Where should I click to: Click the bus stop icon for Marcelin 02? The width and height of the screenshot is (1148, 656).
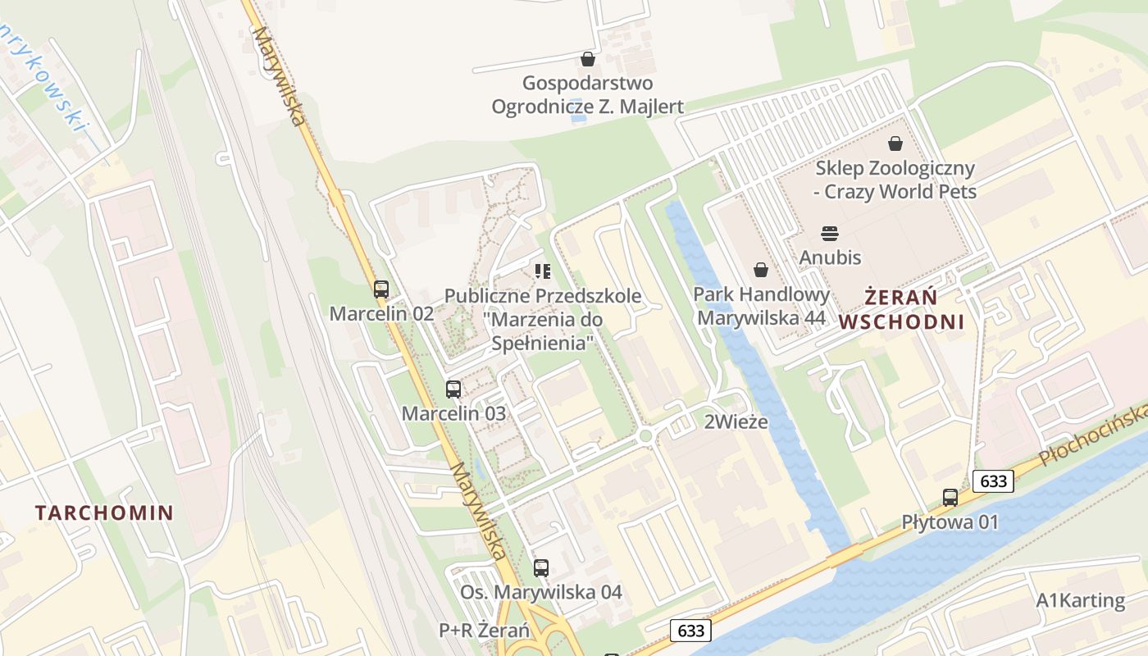(x=380, y=289)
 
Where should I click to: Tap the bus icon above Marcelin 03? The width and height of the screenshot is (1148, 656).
(x=453, y=389)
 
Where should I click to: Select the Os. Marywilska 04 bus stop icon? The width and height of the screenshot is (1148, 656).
(x=540, y=567)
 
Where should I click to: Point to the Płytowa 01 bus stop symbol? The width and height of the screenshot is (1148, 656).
(x=950, y=497)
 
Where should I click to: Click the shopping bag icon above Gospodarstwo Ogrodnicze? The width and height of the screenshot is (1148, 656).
(x=587, y=59)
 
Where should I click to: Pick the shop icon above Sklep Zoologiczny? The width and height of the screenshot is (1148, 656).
(x=895, y=143)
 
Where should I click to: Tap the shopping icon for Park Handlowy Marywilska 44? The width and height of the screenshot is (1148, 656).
(x=760, y=270)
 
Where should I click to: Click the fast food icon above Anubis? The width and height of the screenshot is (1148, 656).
(x=829, y=234)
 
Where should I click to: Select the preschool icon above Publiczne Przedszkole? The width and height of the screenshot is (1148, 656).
(x=542, y=271)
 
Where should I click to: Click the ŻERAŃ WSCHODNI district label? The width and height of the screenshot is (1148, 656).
(x=901, y=308)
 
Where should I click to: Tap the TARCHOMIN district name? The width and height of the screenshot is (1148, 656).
(x=104, y=513)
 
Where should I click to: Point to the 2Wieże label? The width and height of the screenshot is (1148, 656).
(x=736, y=422)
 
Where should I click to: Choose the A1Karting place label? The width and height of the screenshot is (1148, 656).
(x=1080, y=600)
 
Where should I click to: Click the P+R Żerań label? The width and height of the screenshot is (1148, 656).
(x=484, y=631)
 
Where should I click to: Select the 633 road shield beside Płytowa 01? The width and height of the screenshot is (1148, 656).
(x=993, y=481)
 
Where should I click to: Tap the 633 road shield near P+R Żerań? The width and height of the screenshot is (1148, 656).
(x=690, y=631)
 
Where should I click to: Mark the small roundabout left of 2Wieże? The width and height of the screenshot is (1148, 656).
(x=645, y=435)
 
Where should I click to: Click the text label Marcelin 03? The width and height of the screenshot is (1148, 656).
(x=453, y=413)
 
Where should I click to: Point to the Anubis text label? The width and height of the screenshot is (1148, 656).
(x=830, y=257)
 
